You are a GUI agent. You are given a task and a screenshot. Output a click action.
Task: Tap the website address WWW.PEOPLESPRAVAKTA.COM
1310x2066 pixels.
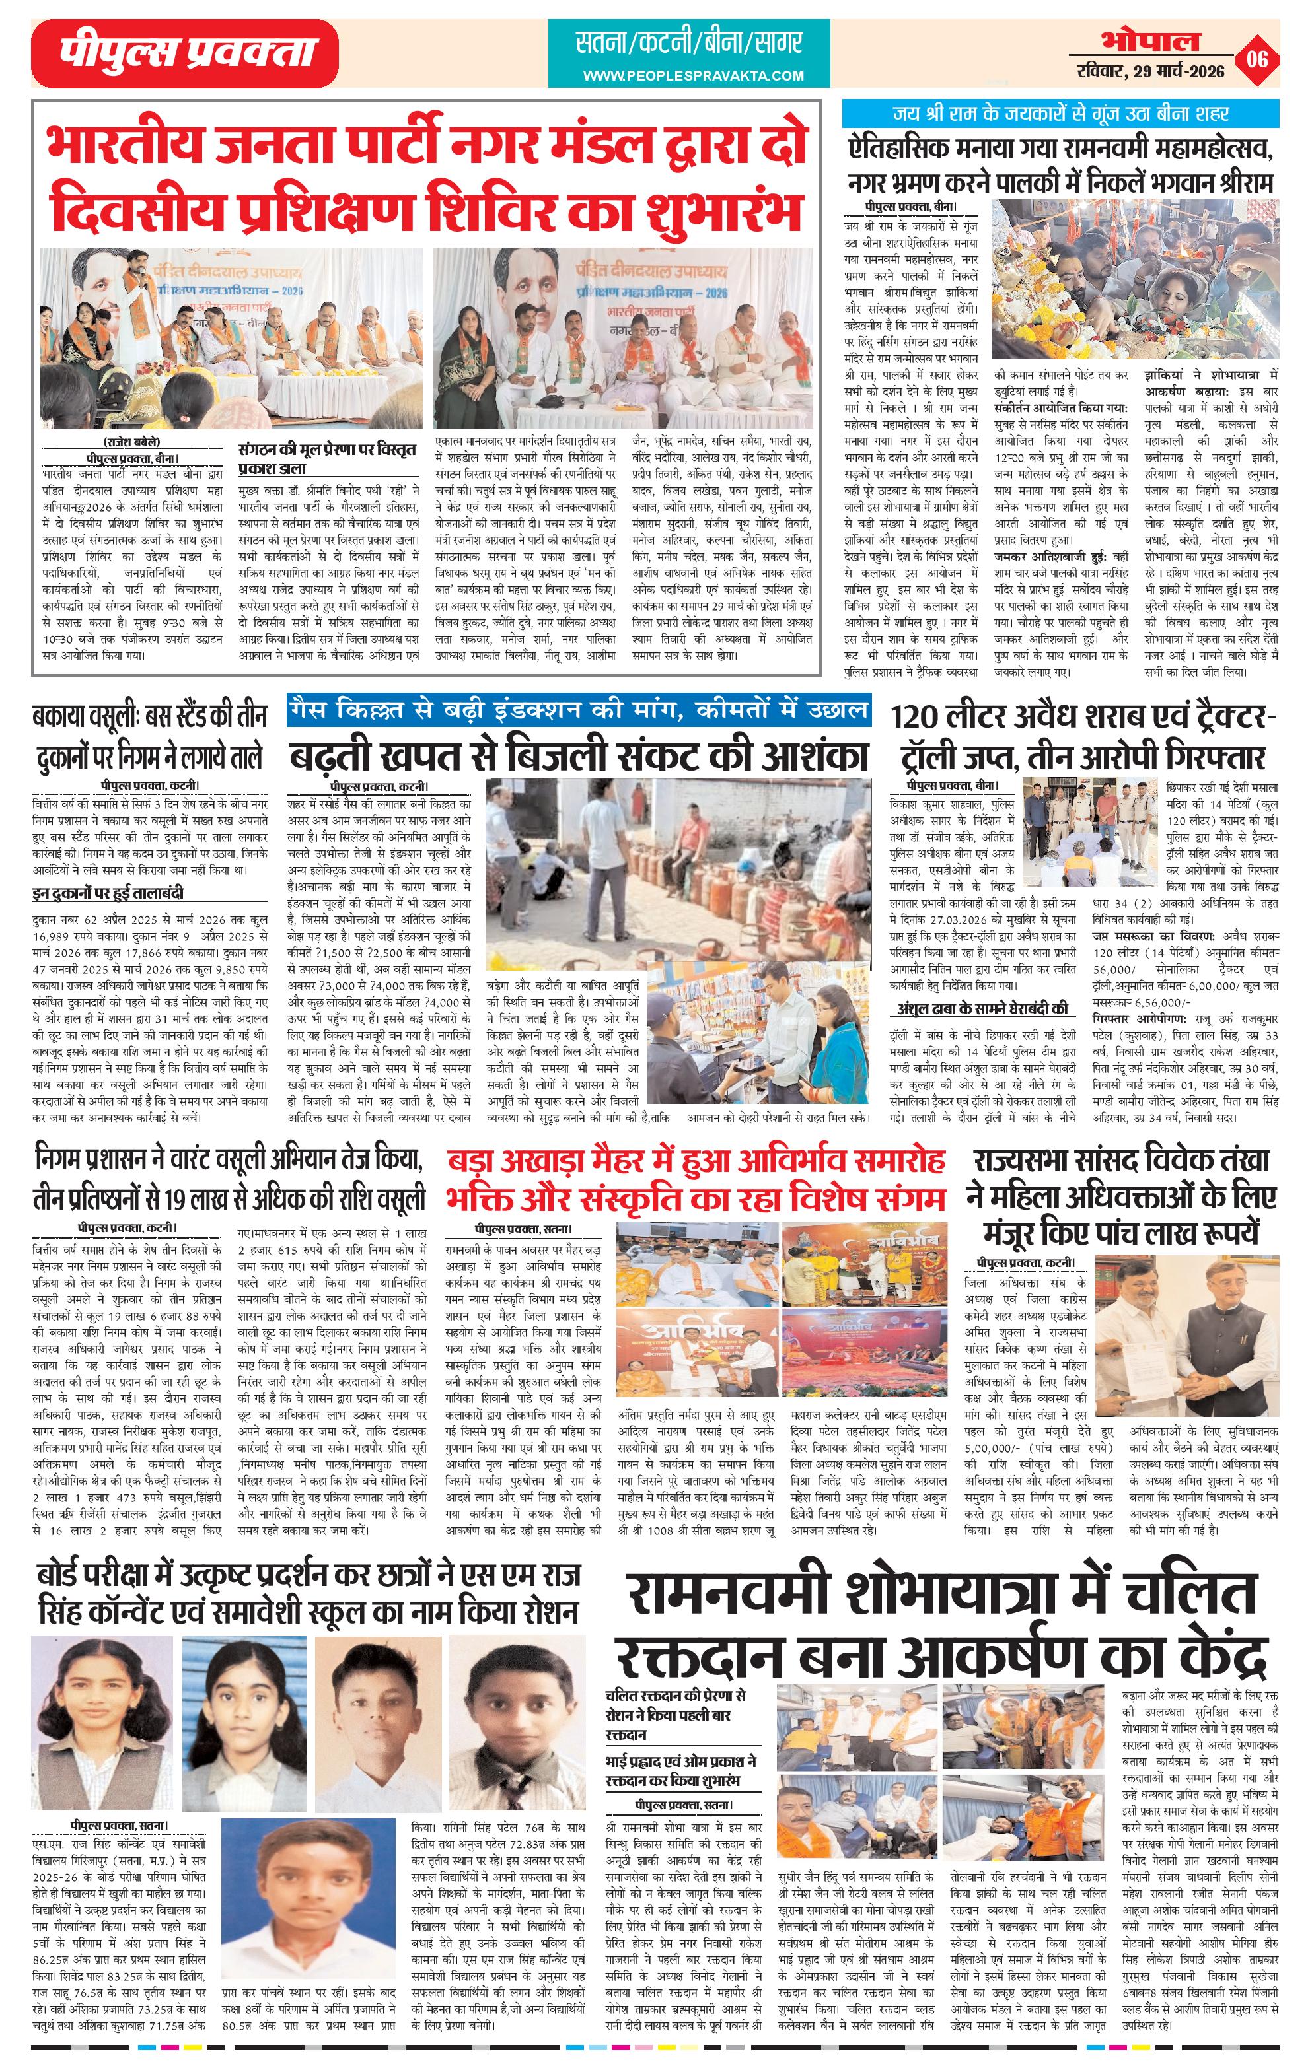[693, 75]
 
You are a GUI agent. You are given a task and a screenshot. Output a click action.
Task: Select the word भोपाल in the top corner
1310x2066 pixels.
[1152, 40]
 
